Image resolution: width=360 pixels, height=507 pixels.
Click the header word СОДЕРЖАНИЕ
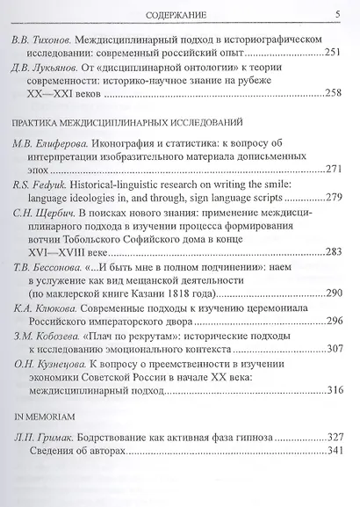coord(184,13)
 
